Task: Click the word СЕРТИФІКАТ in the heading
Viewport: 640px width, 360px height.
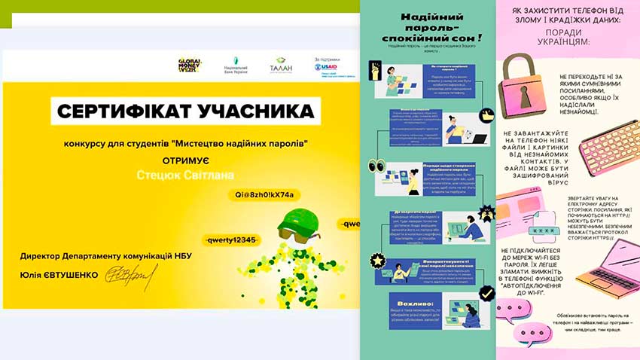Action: click(x=120, y=113)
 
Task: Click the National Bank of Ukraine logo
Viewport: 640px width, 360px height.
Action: click(x=233, y=66)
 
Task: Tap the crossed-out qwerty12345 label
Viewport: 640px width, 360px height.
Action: click(x=230, y=239)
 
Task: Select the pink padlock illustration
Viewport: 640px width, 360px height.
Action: click(x=525, y=98)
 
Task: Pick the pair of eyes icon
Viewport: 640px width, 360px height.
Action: click(x=377, y=166)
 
